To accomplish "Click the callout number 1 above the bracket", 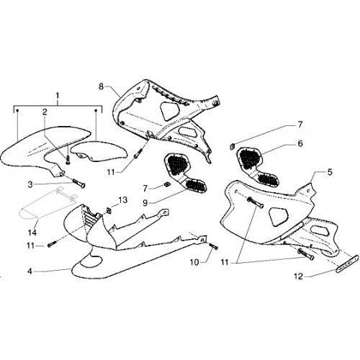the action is (58, 96).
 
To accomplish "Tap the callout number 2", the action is (45, 112).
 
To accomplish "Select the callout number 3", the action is (30, 184).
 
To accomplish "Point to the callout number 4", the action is (30, 271).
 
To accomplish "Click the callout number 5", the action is (330, 172).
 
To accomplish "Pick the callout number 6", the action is (300, 143).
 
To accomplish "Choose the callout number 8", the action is (101, 86).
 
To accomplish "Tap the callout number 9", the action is (145, 203).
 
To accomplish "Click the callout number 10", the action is (194, 262).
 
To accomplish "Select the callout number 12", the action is (299, 276).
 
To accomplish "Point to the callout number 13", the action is (122, 200).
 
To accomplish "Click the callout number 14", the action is (32, 233).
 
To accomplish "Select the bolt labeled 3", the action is (78, 184).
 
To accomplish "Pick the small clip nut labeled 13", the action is (109, 210).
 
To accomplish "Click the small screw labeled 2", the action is (68, 159).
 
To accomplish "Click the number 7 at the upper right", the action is (300, 125).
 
